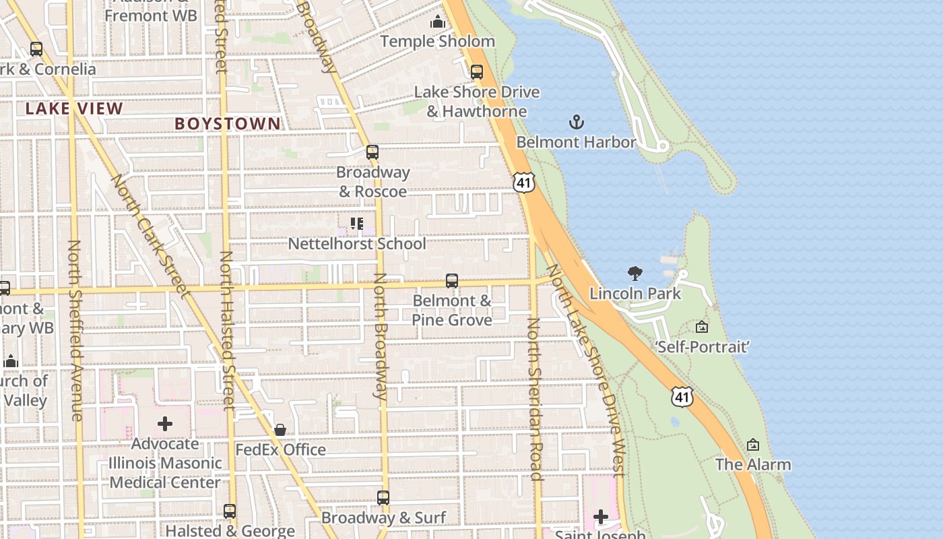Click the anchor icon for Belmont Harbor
(x=576, y=122)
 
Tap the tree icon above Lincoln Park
(x=635, y=273)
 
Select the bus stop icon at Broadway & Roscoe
(x=372, y=152)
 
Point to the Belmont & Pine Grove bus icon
(x=452, y=281)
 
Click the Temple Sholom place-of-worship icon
(x=438, y=22)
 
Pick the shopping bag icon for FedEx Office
(x=280, y=430)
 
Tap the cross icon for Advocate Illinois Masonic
(x=165, y=424)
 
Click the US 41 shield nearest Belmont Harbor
(x=523, y=181)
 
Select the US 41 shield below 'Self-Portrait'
(x=682, y=397)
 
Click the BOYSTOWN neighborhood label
(x=228, y=123)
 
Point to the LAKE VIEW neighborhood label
(x=74, y=108)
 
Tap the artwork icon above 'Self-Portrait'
(x=702, y=327)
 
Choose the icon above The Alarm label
(x=753, y=445)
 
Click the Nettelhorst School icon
(x=356, y=223)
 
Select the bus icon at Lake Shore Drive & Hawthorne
(x=477, y=71)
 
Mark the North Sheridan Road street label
(x=535, y=399)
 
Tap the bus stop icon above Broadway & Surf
(x=383, y=498)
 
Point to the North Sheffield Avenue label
(x=75, y=330)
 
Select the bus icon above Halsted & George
(x=230, y=511)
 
